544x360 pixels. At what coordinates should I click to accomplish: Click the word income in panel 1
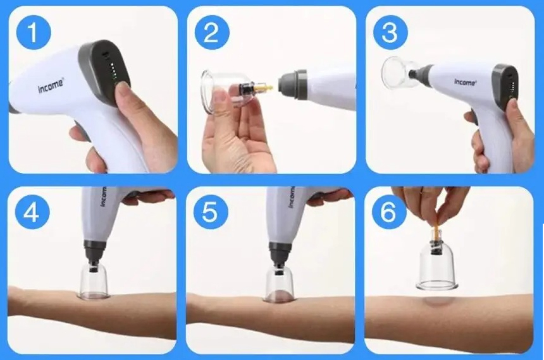tap(51, 87)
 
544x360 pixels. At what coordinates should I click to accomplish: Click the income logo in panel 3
tap(465, 82)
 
